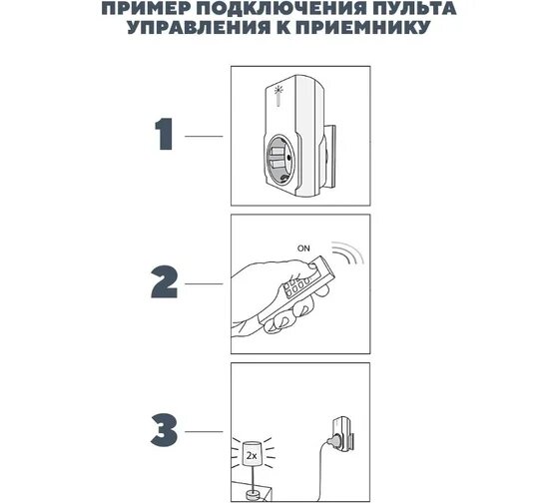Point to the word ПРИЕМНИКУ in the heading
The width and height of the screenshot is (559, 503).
point(363,28)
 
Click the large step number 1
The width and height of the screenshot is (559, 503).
point(165,134)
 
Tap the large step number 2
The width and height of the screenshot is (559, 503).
point(164,281)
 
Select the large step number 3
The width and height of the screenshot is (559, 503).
point(164,430)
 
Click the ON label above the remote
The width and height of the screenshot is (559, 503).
point(303,249)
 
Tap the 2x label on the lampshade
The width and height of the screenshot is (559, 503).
point(252,455)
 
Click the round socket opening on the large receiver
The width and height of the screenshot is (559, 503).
point(280,159)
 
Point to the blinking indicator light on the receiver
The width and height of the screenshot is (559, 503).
point(279,91)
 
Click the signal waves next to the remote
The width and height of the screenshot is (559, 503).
point(347,251)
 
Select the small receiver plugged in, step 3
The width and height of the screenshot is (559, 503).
point(340,433)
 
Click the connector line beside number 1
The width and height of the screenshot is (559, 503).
point(204,136)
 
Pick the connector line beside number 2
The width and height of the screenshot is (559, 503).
point(204,283)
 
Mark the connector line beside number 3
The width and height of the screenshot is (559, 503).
point(204,432)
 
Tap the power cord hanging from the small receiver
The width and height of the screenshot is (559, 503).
point(319,470)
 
